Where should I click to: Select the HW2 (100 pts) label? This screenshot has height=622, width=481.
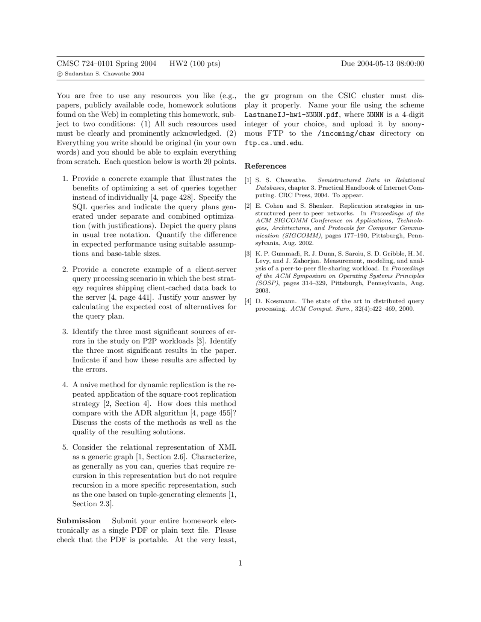click(195, 63)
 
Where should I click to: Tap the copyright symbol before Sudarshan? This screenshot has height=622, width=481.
click(59, 74)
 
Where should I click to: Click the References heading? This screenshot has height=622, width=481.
click(265, 166)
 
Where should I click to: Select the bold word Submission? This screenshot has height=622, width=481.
click(79, 521)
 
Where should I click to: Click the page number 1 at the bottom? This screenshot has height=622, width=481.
click(240, 563)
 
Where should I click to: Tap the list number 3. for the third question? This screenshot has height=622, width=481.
click(65, 332)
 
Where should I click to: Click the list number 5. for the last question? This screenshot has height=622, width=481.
click(65, 447)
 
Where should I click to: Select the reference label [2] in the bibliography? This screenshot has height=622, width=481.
click(248, 206)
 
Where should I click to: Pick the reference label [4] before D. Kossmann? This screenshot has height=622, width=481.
click(248, 301)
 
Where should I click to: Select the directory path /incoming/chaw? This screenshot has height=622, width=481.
click(346, 134)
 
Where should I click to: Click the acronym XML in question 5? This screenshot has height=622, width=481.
click(227, 447)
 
